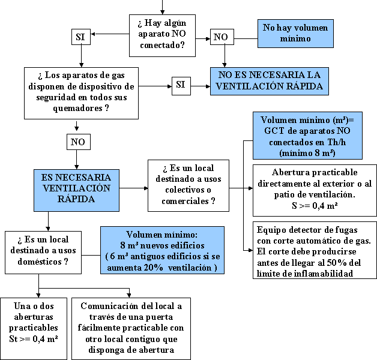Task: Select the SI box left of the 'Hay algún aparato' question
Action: tap(80, 37)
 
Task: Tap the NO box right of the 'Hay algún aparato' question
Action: tap(221, 37)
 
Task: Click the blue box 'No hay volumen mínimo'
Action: tap(295, 33)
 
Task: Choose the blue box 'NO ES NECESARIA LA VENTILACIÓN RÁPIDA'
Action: tap(270, 80)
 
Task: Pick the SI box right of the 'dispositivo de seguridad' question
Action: tap(180, 85)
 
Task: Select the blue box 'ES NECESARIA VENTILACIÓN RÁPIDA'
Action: tap(76, 188)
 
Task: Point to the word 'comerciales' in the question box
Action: tap(185, 201)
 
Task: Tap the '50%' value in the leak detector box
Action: tap(335, 263)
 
